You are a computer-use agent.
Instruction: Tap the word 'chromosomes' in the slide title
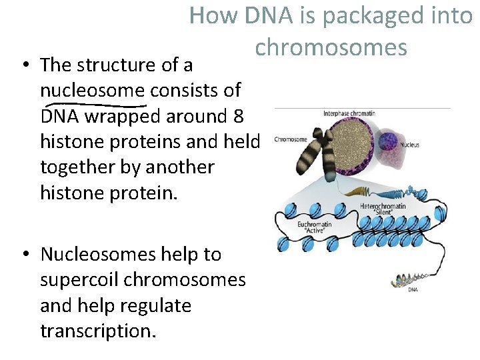331,47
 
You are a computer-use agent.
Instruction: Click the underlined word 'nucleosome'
93,91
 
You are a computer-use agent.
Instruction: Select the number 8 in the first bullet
238,116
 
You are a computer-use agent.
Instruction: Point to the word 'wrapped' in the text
120,116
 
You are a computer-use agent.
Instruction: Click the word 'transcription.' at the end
99,331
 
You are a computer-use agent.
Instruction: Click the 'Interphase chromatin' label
349,114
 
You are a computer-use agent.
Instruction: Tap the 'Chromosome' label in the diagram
291,140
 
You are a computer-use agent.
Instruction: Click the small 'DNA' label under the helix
413,290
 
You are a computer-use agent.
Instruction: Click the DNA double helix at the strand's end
411,280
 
